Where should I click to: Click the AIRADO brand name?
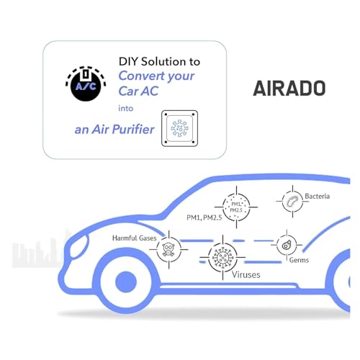click(289, 88)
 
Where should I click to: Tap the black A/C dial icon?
click(86, 84)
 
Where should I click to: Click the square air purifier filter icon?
click(179, 128)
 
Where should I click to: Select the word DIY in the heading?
click(128, 61)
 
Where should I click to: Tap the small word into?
click(125, 108)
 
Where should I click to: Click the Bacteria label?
click(317, 196)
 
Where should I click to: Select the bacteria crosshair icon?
click(292, 202)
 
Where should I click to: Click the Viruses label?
click(246, 274)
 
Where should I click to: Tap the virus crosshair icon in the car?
click(222, 258)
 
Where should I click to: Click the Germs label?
click(299, 260)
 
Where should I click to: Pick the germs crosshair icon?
click(287, 245)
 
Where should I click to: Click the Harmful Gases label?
click(135, 238)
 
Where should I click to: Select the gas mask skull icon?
click(168, 250)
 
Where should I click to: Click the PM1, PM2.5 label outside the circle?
click(204, 217)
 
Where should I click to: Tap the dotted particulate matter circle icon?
click(236, 207)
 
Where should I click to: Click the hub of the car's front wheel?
click(126, 282)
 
